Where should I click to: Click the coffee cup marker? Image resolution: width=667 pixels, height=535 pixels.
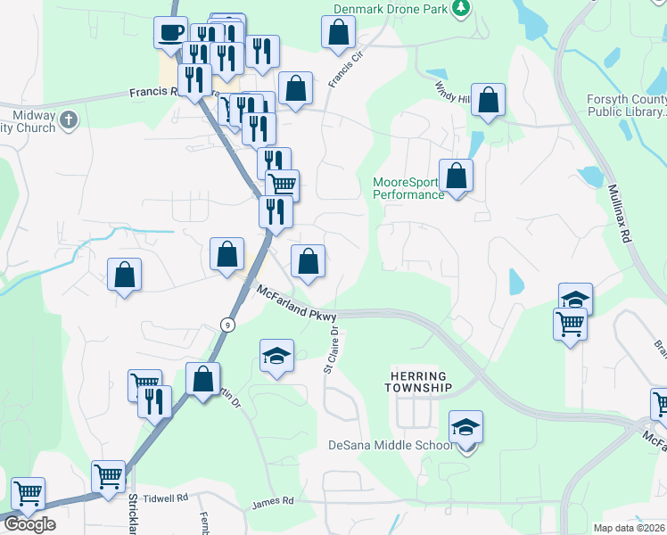pyautogui.click(x=170, y=34)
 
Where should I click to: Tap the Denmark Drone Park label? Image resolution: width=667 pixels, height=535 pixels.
pyautogui.click(x=389, y=9)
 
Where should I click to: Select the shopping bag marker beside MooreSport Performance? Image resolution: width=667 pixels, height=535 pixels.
pyautogui.click(x=457, y=177)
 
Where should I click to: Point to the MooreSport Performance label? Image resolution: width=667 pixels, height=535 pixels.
pyautogui.click(x=408, y=188)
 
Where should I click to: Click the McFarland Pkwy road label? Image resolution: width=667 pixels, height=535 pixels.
pyautogui.click(x=298, y=302)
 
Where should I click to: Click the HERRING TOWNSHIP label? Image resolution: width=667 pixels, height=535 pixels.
pyautogui.click(x=419, y=382)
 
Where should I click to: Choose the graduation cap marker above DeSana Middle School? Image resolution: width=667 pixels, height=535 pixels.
pyautogui.click(x=465, y=428)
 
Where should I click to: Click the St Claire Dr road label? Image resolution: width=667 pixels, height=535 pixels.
pyautogui.click(x=332, y=349)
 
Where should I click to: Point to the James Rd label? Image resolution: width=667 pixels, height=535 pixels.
pyautogui.click(x=273, y=503)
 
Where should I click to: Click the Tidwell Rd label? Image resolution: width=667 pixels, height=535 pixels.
pyautogui.click(x=170, y=498)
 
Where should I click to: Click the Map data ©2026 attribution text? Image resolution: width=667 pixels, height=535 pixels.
pyautogui.click(x=630, y=528)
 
